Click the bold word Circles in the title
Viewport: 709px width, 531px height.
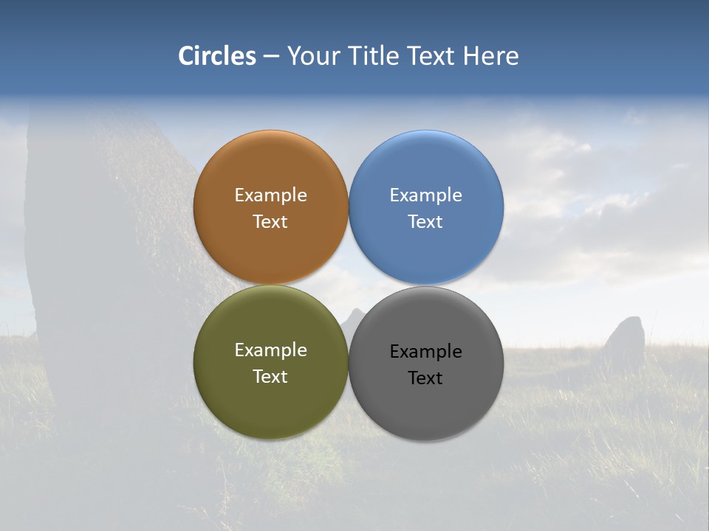point(217,56)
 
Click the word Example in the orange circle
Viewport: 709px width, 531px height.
point(270,195)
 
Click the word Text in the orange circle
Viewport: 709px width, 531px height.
point(270,222)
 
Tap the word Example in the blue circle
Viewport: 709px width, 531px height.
point(425,195)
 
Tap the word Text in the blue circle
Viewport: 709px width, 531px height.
point(425,222)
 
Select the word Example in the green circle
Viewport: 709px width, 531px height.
point(270,350)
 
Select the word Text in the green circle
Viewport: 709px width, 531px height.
point(270,377)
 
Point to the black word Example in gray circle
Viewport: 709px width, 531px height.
point(425,352)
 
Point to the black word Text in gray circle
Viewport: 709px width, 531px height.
point(425,378)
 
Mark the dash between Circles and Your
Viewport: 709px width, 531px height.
point(271,57)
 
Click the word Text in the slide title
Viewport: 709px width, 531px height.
point(432,56)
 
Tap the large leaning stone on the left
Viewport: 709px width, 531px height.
point(111,258)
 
